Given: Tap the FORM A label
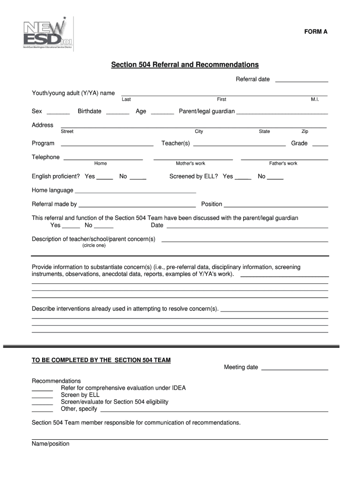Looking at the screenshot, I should (x=316, y=32).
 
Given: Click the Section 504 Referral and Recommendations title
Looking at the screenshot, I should (x=185, y=64).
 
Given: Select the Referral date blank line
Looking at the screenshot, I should (x=302, y=81).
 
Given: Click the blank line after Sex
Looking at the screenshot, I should (x=58, y=114).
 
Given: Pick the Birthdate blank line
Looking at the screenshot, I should (x=118, y=114).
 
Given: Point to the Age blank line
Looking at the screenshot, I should (x=162, y=114).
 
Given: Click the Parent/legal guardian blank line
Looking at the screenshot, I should (x=282, y=114).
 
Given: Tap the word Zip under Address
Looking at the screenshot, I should (x=305, y=131).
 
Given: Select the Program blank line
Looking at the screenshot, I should (x=107, y=145).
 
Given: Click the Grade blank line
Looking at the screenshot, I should (x=320, y=145).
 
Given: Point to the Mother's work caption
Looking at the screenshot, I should (x=190, y=163).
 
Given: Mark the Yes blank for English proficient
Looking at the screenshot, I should (x=105, y=179).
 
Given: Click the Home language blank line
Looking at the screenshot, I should (x=135, y=192).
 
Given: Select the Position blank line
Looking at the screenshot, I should (x=276, y=206).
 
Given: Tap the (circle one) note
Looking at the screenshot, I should (x=94, y=246).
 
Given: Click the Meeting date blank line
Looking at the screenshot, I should (x=295, y=370).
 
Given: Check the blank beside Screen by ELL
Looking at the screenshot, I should (x=42, y=397).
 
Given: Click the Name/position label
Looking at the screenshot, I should (x=50, y=444).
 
